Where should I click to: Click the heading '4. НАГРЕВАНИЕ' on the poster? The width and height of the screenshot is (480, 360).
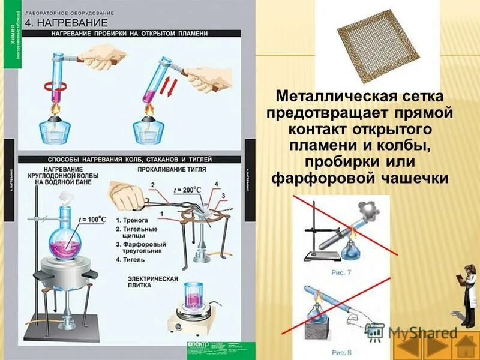coord(66,23)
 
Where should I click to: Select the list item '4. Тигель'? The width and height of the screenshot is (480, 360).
coord(133,262)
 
